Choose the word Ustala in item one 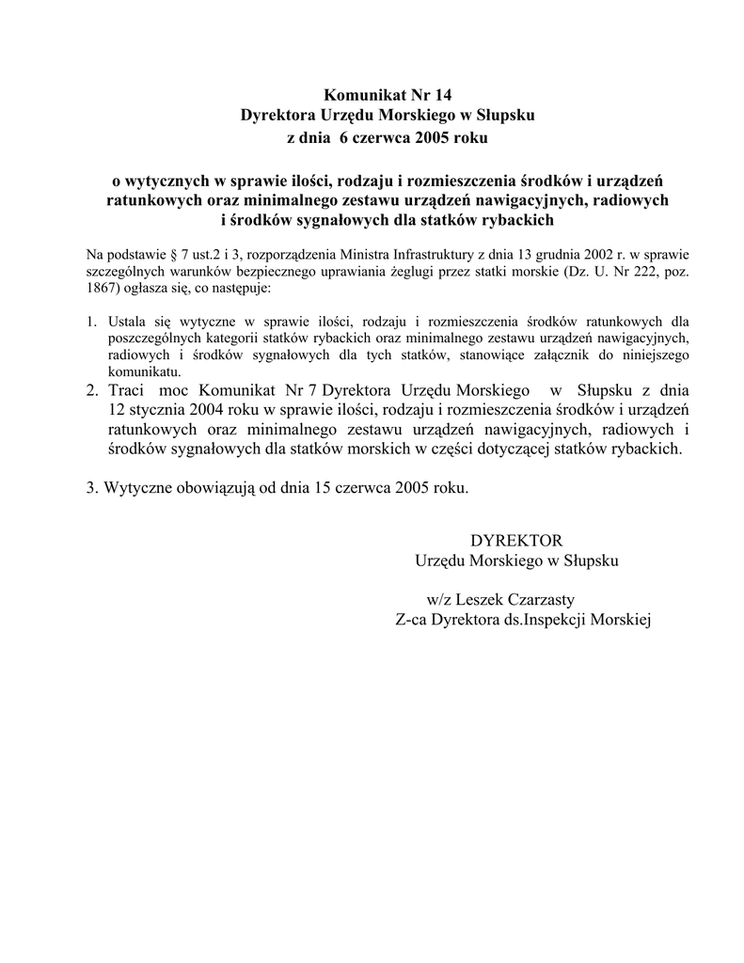click(x=126, y=321)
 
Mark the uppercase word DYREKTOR click(x=515, y=541)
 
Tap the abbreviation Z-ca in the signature click(x=411, y=620)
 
